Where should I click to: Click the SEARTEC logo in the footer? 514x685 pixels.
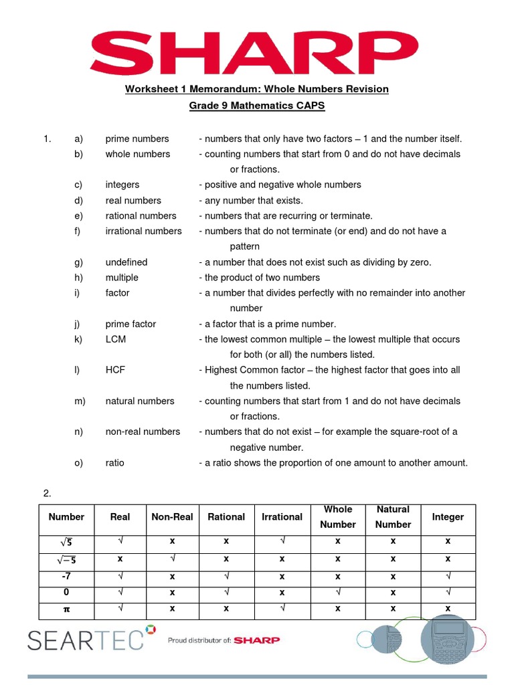click(86, 640)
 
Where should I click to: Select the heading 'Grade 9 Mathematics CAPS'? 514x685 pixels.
click(256, 106)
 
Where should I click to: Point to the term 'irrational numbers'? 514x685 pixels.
click(143, 231)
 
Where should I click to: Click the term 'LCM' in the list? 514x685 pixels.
click(115, 339)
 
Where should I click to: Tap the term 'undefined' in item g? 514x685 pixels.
click(126, 262)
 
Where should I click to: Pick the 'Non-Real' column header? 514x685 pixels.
click(172, 516)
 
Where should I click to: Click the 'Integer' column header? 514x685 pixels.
click(448, 516)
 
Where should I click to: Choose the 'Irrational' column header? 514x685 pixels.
click(282, 516)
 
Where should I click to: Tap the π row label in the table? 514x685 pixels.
click(66, 608)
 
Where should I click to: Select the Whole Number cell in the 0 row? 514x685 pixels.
click(338, 592)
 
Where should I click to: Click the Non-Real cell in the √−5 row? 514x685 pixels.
click(172, 559)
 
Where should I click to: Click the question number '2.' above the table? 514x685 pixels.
click(48, 494)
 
